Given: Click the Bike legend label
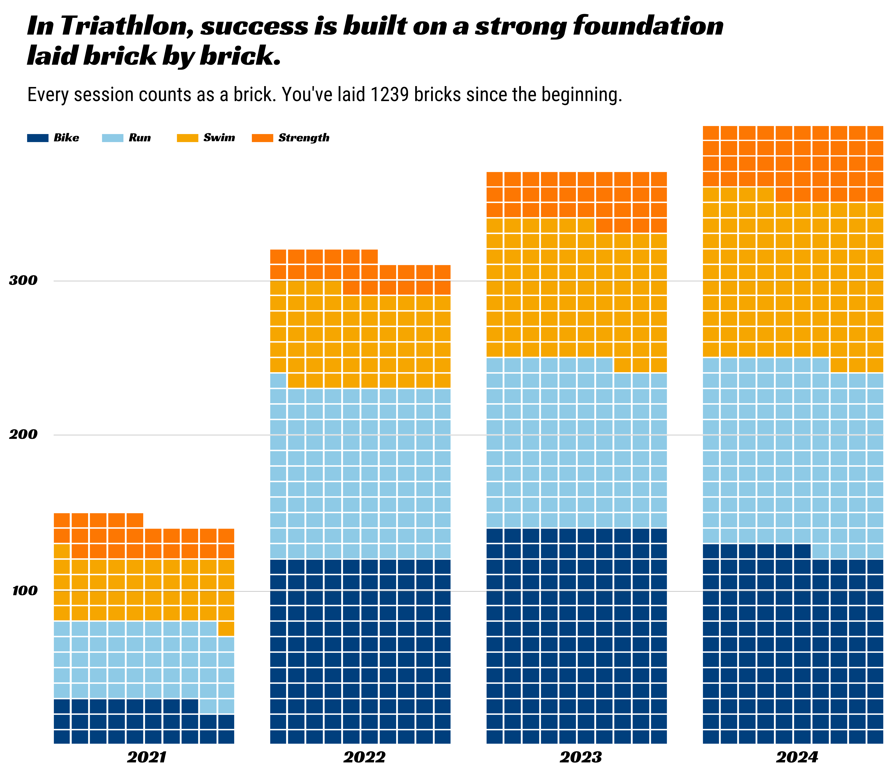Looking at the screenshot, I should (x=66, y=138).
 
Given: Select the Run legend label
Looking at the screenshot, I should (x=140, y=138).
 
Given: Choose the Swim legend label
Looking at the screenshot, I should (x=219, y=138).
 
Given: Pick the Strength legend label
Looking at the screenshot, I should (x=304, y=138).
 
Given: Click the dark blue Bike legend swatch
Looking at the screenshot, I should (x=38, y=138).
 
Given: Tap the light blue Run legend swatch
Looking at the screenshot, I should (x=112, y=138).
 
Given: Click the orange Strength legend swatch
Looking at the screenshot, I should (x=262, y=138).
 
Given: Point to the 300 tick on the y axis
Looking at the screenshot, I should (x=24, y=281).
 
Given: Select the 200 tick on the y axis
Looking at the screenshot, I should (x=24, y=435).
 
